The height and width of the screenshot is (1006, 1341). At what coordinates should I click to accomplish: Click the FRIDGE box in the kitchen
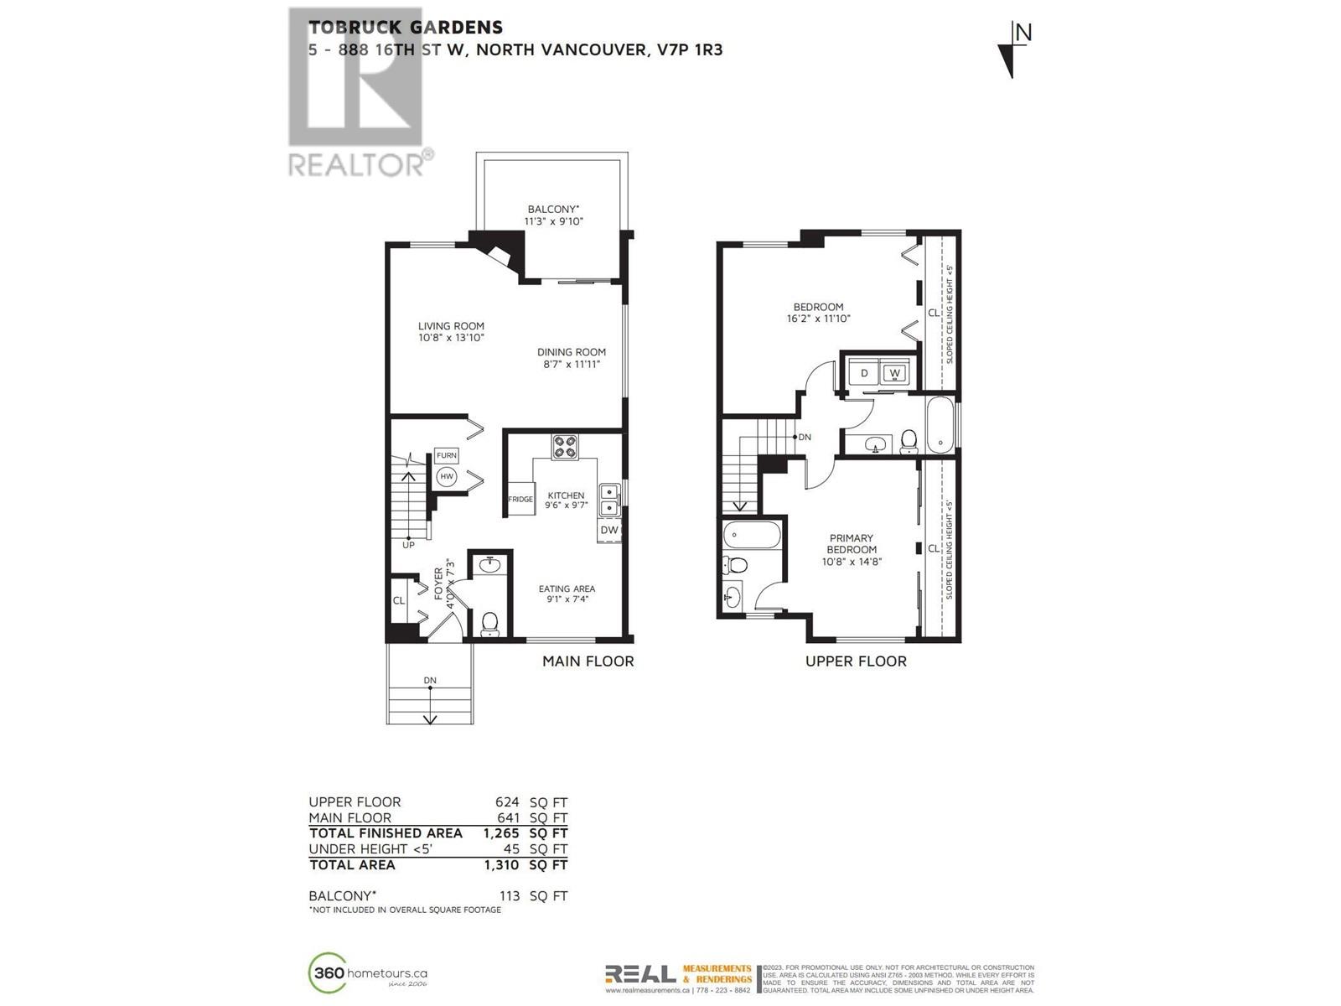pos(520,499)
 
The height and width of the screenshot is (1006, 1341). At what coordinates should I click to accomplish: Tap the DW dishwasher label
pos(609,530)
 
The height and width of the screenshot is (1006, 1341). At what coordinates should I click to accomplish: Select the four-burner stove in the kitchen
pos(564,447)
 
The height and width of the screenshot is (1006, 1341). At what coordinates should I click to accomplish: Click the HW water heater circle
pos(447,477)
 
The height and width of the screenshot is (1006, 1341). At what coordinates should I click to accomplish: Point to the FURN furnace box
pos(447,455)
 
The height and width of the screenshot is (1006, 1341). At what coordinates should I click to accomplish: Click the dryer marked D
pos(864,373)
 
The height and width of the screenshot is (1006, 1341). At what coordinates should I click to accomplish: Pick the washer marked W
pos(894,373)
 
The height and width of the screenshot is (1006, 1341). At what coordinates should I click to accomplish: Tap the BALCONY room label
pos(553,210)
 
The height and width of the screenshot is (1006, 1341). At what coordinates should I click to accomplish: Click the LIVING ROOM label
pos(451,326)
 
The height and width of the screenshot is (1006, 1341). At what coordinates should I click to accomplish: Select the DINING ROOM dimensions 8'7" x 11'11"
pos(571,365)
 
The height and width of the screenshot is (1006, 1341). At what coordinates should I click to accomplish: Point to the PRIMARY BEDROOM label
pos(852,544)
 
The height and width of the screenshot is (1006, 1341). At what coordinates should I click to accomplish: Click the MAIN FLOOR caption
pos(588,661)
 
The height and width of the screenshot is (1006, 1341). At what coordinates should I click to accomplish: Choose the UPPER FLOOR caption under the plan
pos(856,661)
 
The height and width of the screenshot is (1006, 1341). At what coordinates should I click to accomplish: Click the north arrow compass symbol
pos(1013,50)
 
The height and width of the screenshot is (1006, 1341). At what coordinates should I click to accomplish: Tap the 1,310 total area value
pos(501,865)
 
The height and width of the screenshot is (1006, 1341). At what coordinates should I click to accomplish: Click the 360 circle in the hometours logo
pos(328,973)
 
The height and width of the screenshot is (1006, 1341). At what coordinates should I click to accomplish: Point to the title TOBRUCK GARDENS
pos(405,28)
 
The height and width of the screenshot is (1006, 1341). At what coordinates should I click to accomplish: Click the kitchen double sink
pos(609,500)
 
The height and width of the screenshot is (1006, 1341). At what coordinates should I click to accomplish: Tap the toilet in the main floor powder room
pos(489,623)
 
